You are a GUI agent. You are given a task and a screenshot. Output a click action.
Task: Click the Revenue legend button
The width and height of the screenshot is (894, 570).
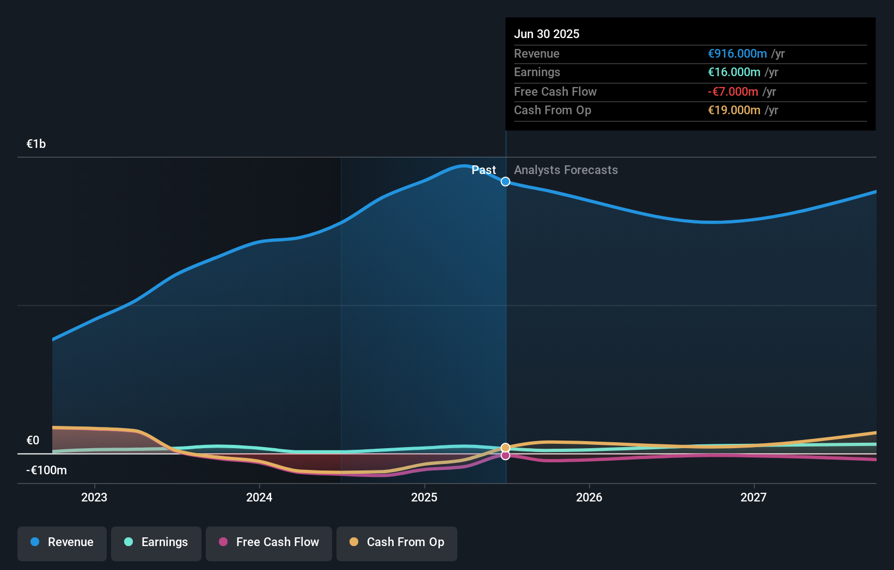pos(62,543)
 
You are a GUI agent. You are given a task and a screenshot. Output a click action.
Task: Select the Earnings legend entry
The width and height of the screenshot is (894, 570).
pos(156,543)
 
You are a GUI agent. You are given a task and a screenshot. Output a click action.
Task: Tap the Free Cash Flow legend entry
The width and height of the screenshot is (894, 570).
pos(269,543)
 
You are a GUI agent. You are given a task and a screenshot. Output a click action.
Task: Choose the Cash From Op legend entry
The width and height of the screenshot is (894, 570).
pos(397,543)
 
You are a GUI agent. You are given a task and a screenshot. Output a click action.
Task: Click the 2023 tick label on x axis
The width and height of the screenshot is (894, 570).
pos(94,497)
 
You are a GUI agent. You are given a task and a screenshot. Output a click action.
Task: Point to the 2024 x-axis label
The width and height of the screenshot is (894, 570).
pos(259,497)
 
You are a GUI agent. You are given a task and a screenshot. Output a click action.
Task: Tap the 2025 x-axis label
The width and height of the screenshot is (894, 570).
pos(424,497)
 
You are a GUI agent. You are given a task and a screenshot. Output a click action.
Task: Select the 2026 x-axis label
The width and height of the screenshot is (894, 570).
pos(589,497)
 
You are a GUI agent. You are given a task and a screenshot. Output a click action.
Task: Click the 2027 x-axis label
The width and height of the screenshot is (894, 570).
pos(754,497)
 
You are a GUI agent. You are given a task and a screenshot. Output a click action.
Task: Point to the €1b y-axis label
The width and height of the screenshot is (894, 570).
pos(36,144)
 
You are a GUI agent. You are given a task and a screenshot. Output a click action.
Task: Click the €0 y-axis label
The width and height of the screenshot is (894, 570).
pos(33,441)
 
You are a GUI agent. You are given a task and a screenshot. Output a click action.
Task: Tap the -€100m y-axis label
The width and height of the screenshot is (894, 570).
pos(46,470)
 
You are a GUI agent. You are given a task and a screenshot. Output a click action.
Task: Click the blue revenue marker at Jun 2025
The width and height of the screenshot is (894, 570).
pos(505,182)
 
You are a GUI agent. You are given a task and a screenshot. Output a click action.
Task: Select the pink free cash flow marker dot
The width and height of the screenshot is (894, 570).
pos(505,456)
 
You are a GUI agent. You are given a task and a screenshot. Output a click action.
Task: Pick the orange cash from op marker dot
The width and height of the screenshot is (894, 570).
pos(505,448)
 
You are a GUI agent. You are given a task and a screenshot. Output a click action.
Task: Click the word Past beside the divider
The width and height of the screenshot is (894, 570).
pos(483,170)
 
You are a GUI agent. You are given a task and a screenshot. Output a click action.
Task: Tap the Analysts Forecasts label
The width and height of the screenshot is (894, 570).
pos(566,170)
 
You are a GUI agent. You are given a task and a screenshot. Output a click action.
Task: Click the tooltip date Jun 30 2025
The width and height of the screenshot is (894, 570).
pos(547,34)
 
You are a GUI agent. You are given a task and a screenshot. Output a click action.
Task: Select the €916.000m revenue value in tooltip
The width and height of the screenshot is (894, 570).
pos(737,54)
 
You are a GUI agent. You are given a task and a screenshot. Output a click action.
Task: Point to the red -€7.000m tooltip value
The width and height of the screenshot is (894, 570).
pos(733,92)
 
